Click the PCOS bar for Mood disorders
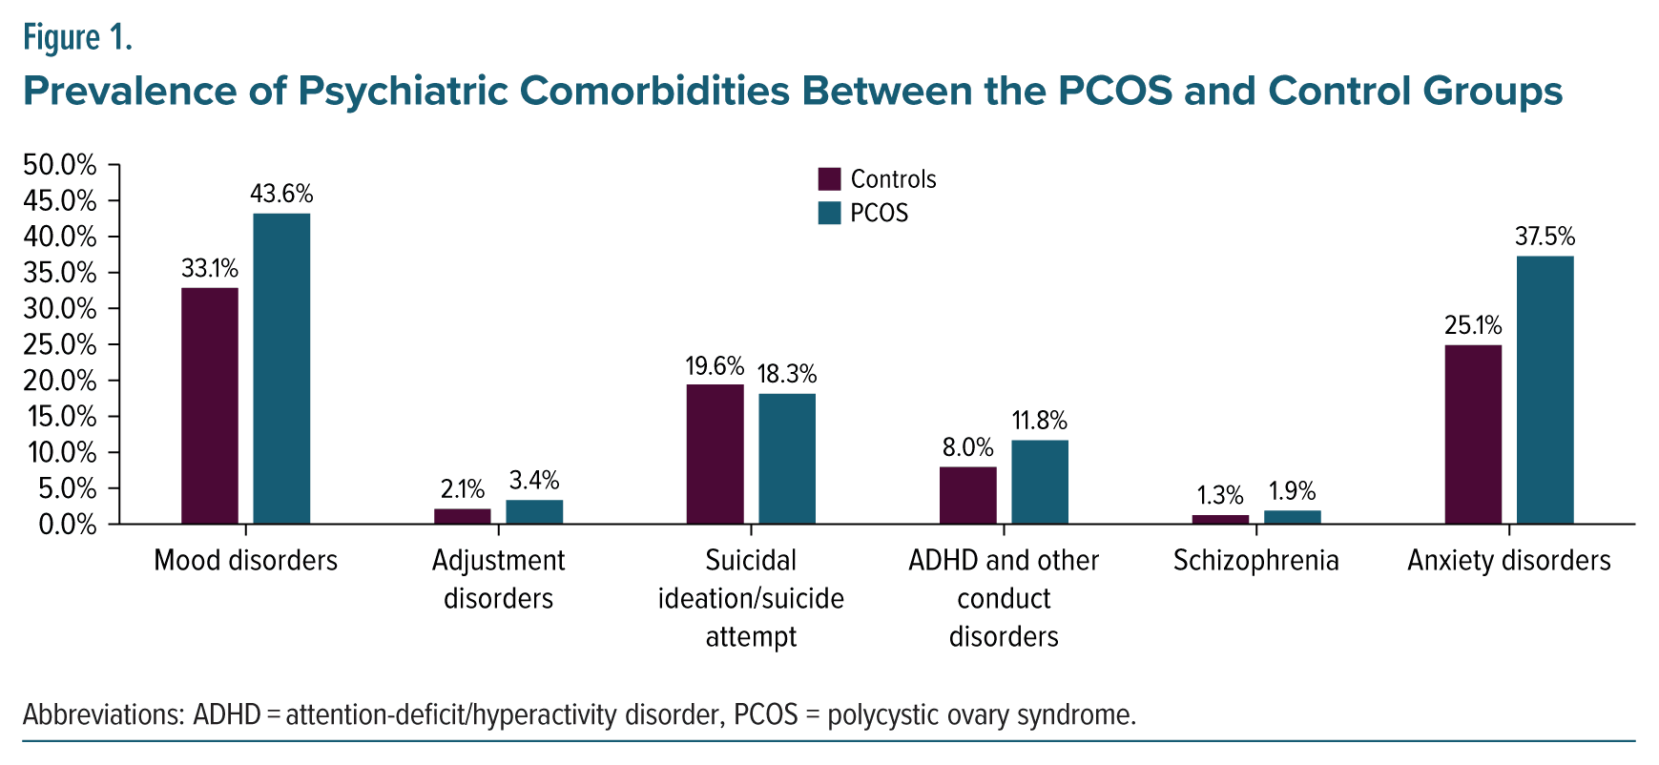tap(281, 368)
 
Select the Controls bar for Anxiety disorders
tap(1473, 434)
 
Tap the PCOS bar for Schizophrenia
tap(1293, 517)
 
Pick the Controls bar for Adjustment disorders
tap(463, 516)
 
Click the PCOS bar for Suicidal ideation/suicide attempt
tap(787, 459)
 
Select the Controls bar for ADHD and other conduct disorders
tap(968, 495)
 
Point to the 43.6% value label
tap(281, 194)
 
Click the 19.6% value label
tap(715, 366)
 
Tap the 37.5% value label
tap(1545, 237)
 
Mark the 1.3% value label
tap(1220, 495)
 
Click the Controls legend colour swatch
tap(829, 179)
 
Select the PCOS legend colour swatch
tap(829, 213)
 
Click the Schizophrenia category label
tap(1255, 561)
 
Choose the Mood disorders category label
tap(245, 561)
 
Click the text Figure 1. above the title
tap(77, 38)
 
